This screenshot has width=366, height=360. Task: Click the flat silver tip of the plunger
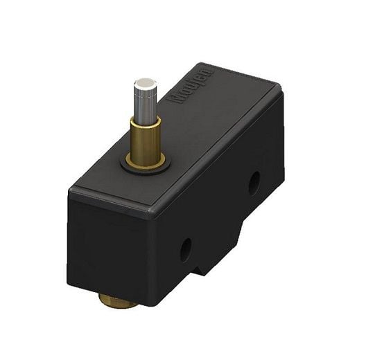145,85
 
